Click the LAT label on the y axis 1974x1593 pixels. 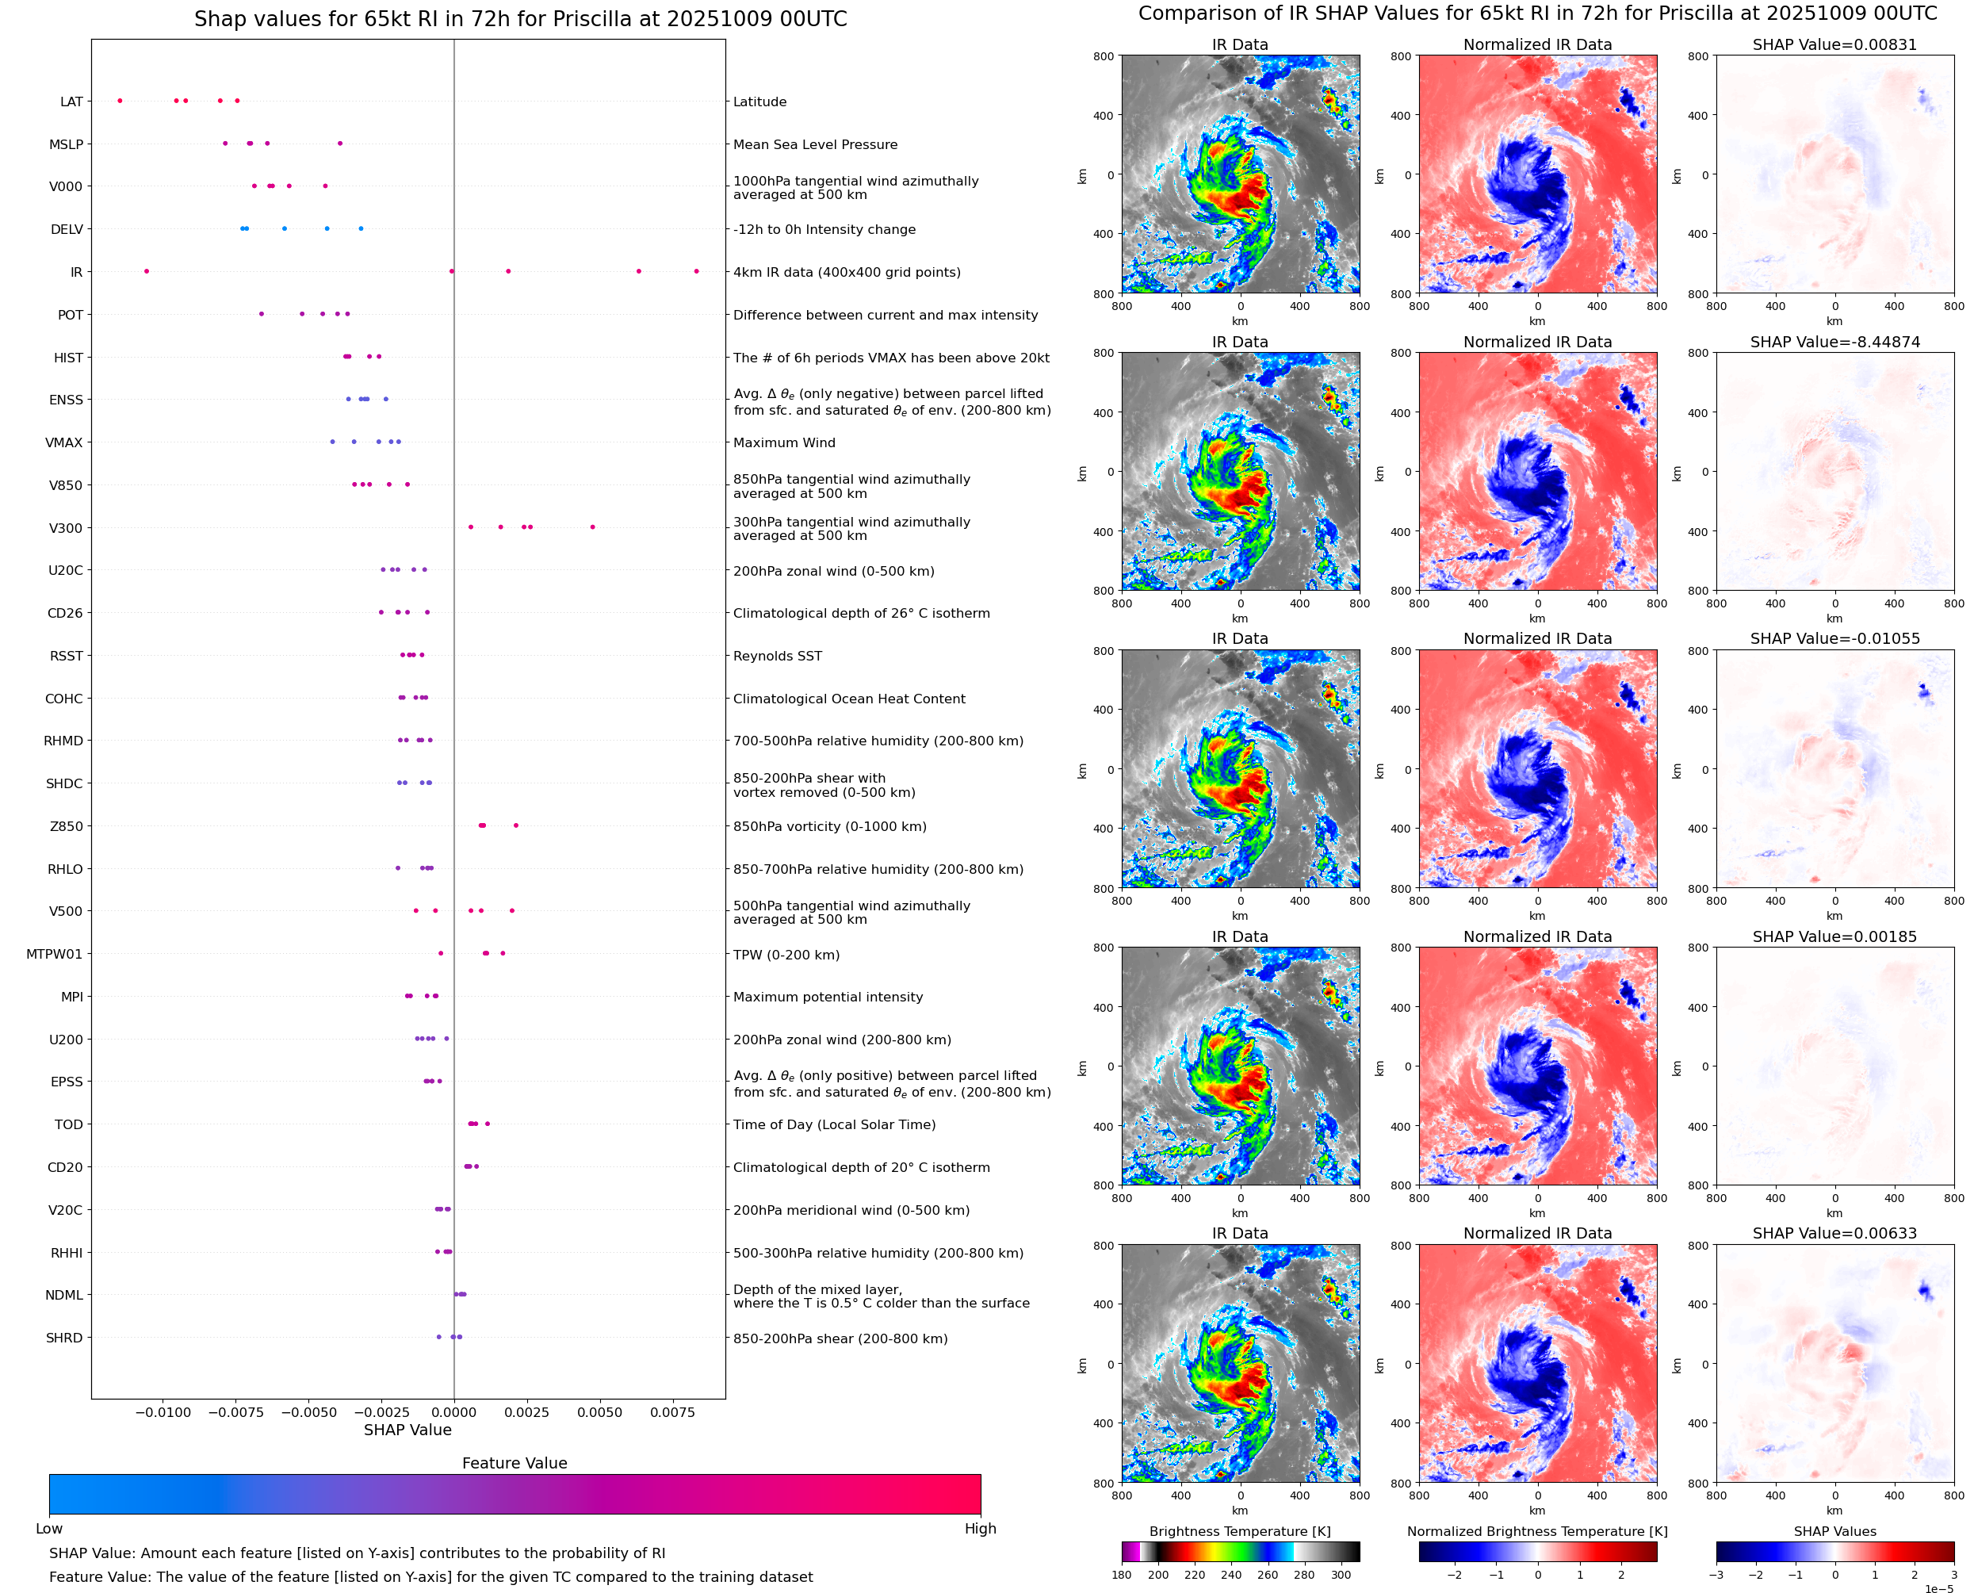point(71,101)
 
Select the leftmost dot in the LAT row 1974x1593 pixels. point(121,101)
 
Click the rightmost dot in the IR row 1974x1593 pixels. point(696,272)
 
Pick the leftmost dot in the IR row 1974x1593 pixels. point(147,272)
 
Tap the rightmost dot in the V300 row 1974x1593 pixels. point(592,527)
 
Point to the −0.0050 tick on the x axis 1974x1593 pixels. point(308,1412)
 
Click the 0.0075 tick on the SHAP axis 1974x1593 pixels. point(672,1412)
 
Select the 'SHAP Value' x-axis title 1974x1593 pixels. point(407,1430)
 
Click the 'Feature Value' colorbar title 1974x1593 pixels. point(515,1464)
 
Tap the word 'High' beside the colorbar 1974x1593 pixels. point(980,1529)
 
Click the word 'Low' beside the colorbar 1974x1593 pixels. point(49,1529)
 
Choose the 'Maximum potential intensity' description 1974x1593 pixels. point(828,998)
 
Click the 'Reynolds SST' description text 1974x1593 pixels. point(777,656)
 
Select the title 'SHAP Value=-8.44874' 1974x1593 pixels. point(1834,343)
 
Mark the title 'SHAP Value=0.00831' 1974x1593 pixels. point(1834,45)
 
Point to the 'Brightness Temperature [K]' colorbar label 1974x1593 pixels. point(1239,1531)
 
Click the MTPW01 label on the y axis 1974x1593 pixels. point(54,955)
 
